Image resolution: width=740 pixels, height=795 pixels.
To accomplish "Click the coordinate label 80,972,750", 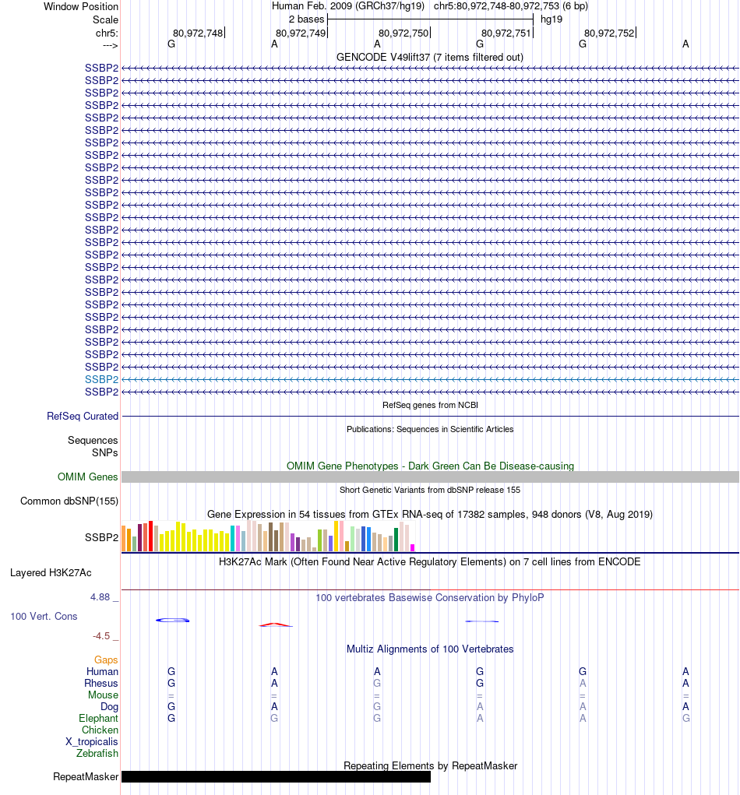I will [x=403, y=33].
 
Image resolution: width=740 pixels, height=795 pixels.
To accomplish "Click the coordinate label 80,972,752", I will [x=609, y=33].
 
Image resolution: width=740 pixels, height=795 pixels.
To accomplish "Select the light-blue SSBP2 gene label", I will [x=101, y=379].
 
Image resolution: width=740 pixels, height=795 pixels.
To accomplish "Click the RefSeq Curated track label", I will [x=83, y=417].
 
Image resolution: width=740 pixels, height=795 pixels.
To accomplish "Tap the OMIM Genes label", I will [x=88, y=477].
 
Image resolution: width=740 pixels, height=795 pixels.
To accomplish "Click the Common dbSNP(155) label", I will [x=69, y=501].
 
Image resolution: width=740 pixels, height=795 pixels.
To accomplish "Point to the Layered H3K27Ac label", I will [x=51, y=573].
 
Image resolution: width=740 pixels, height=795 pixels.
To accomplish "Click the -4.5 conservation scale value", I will [x=104, y=636].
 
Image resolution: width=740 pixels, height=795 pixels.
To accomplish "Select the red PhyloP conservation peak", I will [x=277, y=624].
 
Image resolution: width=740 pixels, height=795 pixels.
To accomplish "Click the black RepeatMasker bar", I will [x=276, y=776].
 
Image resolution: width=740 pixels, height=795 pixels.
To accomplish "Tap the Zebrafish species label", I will [x=97, y=754].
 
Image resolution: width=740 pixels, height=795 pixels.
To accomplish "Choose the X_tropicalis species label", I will [x=92, y=742].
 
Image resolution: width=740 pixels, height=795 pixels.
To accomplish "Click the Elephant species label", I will [x=98, y=719].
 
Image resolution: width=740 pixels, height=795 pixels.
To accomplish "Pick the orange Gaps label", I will [x=106, y=660].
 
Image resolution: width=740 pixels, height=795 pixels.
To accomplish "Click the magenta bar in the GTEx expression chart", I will [x=413, y=547].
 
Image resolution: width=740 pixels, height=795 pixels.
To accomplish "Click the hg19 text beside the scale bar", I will [x=551, y=19].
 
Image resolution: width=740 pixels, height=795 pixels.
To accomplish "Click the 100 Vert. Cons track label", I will [x=44, y=617].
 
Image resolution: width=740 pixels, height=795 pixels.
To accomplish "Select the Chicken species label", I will [x=100, y=730].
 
